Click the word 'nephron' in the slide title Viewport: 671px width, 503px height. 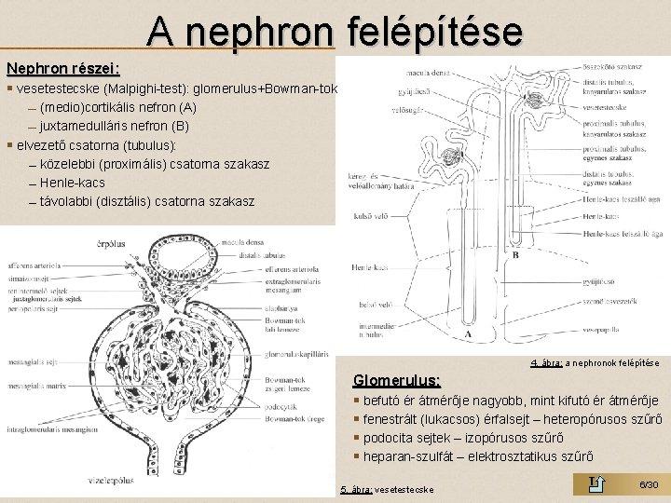click(x=260, y=31)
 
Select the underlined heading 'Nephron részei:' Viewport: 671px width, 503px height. click(x=63, y=69)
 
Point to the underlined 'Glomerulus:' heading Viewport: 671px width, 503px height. click(x=396, y=380)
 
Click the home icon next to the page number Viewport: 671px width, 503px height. click(x=597, y=483)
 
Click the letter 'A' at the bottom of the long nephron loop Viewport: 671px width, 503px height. click(x=467, y=333)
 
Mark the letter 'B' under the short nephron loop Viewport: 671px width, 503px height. click(x=514, y=253)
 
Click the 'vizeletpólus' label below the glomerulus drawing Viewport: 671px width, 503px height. click(x=111, y=483)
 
